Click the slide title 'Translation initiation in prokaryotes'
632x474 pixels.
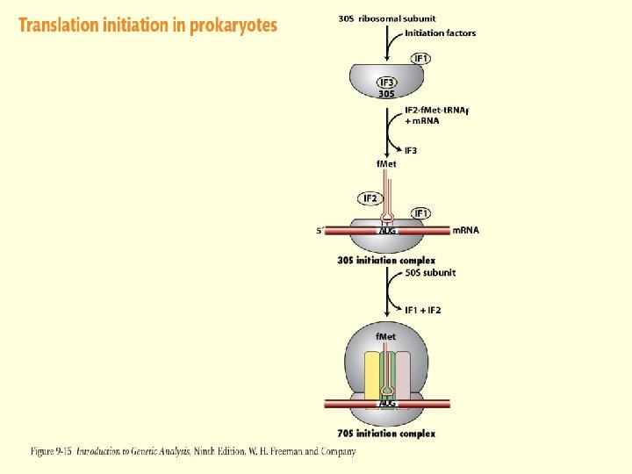(147, 25)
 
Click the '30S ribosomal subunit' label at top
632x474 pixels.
(386, 18)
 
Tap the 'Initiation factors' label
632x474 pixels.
(440, 33)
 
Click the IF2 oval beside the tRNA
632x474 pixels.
(370, 197)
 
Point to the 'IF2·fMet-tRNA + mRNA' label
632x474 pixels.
(436, 115)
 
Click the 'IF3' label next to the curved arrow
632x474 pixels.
(411, 150)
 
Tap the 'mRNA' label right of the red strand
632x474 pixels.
(465, 230)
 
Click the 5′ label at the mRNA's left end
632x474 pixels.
(320, 232)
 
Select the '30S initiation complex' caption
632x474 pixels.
(385, 260)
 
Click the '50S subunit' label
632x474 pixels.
(430, 272)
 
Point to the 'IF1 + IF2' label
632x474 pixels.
(422, 310)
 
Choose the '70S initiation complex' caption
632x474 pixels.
(385, 434)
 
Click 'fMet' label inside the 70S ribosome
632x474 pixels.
(386, 337)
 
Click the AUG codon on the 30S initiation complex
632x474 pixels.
(387, 231)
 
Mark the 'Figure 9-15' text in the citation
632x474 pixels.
(52, 451)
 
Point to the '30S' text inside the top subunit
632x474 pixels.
(386, 93)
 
